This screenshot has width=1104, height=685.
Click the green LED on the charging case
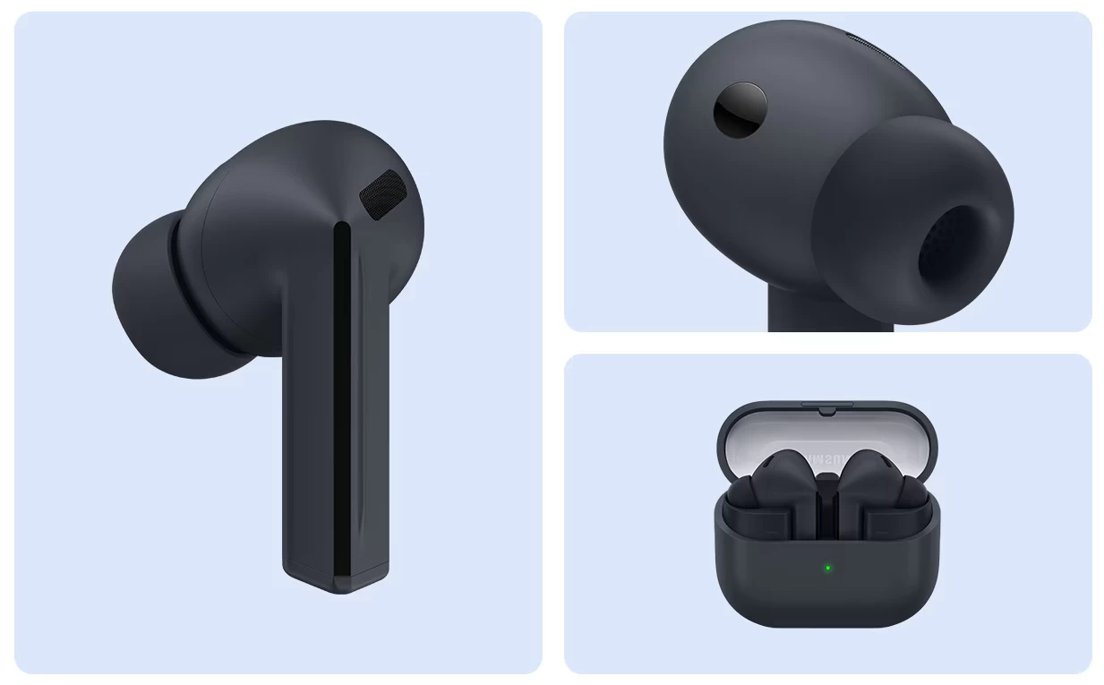(827, 568)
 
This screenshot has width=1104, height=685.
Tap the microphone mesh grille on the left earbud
(382, 194)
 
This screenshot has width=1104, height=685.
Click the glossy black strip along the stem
(342, 403)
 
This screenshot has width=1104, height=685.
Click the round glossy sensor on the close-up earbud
(740, 110)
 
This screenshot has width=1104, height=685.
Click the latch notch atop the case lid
(826, 410)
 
